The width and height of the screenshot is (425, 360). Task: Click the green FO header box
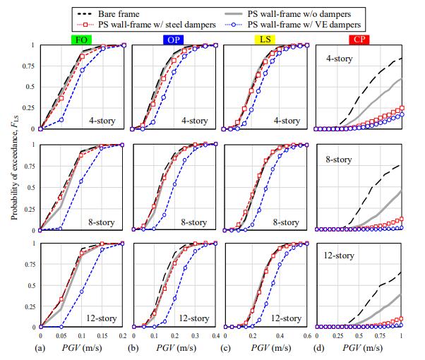pyautogui.click(x=83, y=40)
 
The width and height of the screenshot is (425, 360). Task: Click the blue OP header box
pyautogui.click(x=172, y=40)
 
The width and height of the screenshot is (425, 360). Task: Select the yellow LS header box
pyautogui.click(x=265, y=40)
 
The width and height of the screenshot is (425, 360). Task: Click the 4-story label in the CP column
pyautogui.click(x=341, y=59)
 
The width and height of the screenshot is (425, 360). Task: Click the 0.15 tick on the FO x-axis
pyautogui.click(x=102, y=335)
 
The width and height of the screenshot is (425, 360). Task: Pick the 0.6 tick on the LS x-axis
pyautogui.click(x=308, y=335)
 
